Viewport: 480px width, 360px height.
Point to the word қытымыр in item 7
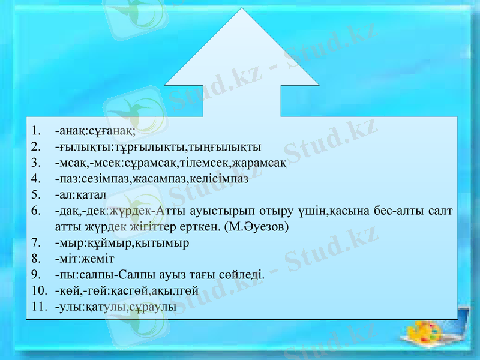click(x=165, y=243)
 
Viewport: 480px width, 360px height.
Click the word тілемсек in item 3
click(x=200, y=162)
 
